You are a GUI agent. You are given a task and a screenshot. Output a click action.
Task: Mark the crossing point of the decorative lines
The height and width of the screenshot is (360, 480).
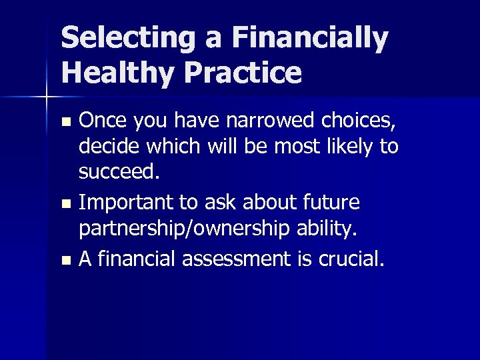[46, 98]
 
